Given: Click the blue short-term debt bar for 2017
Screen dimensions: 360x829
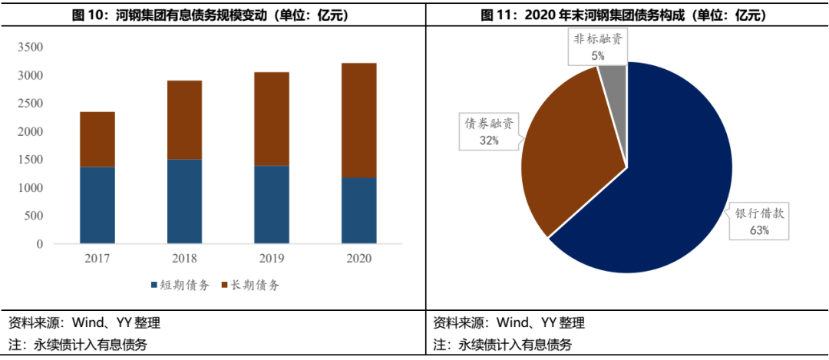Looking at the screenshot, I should (x=97, y=205).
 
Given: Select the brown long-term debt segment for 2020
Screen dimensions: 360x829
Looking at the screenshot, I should (x=358, y=121).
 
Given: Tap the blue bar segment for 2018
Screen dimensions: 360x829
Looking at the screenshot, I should (x=184, y=201).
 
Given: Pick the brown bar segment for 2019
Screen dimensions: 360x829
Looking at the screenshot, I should (x=272, y=119).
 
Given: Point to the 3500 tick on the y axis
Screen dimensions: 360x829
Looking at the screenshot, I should (x=30, y=48).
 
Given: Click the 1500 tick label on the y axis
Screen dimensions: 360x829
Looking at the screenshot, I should (x=30, y=160).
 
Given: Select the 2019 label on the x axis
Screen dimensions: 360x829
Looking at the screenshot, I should (x=272, y=258).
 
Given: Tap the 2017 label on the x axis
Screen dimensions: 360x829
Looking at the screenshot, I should (x=97, y=258).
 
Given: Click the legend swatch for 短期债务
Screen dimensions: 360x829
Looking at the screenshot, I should (x=154, y=286).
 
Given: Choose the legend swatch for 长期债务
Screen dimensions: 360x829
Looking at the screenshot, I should (x=226, y=286).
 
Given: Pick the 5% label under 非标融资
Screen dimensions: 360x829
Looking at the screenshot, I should (x=598, y=55).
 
